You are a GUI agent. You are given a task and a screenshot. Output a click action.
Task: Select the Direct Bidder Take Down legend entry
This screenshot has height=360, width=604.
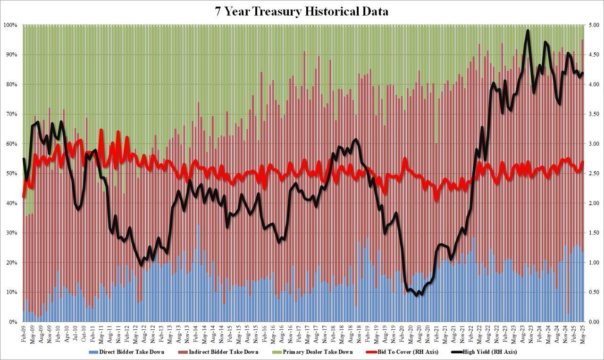click(127, 352)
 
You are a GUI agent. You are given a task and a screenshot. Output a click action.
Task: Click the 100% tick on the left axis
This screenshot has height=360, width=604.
click(10, 25)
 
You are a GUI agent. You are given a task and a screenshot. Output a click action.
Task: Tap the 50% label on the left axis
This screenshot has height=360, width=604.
click(11, 174)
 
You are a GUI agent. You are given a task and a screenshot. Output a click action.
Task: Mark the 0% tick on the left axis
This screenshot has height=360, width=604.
click(13, 322)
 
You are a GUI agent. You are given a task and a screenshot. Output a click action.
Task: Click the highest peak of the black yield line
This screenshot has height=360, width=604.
click(527, 31)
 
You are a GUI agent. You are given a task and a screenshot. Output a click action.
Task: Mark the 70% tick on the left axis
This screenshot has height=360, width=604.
click(11, 114)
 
